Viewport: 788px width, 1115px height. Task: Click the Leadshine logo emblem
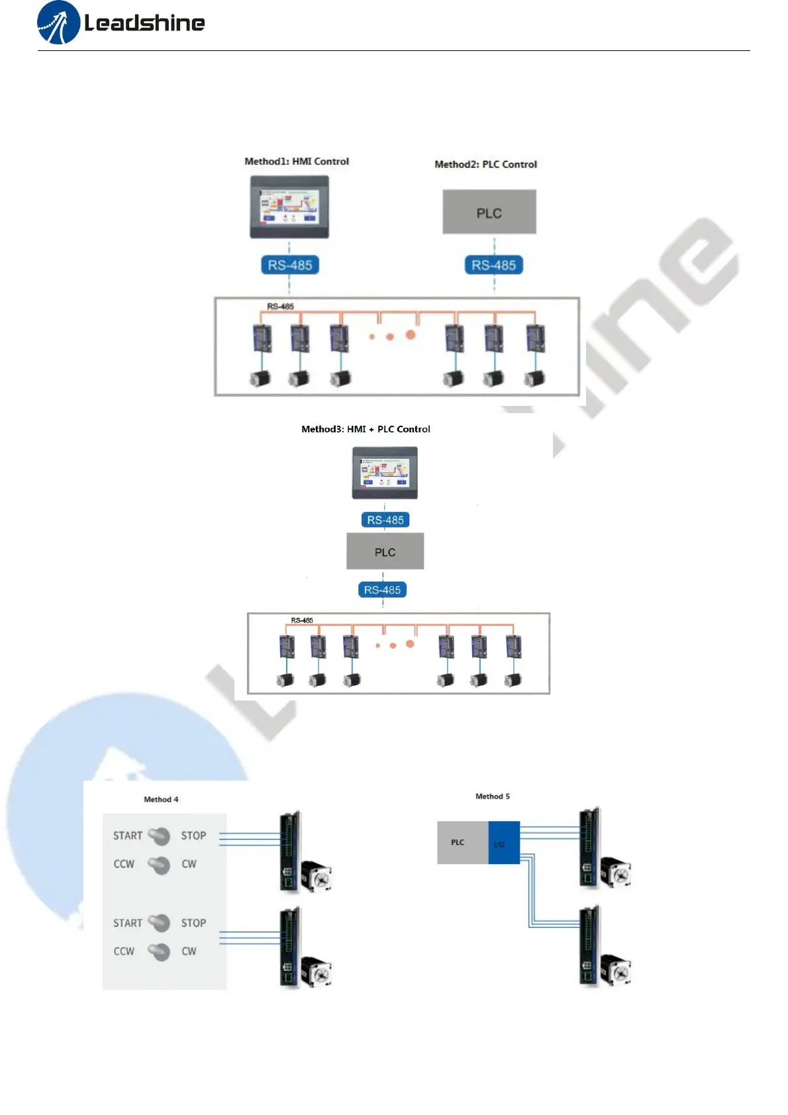pyautogui.click(x=59, y=23)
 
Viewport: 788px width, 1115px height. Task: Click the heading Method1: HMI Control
pyautogui.click(x=297, y=162)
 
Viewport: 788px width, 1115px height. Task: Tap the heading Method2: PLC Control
pyautogui.click(x=485, y=164)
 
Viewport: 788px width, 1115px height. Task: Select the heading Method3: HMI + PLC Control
pyautogui.click(x=366, y=429)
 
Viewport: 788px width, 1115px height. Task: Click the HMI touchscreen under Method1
pyautogui.click(x=289, y=207)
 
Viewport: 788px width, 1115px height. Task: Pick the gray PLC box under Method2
pyautogui.click(x=489, y=213)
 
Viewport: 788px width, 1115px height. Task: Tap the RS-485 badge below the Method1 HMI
pyautogui.click(x=290, y=266)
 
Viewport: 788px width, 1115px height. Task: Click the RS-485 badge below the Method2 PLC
pyautogui.click(x=494, y=266)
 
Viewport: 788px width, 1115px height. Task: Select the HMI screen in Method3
pyautogui.click(x=385, y=473)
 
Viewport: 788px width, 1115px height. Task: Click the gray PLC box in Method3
pyautogui.click(x=385, y=552)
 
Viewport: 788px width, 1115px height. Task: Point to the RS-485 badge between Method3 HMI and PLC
pyautogui.click(x=385, y=520)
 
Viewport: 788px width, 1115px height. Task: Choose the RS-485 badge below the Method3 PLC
pyautogui.click(x=382, y=590)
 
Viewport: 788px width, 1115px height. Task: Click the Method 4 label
pyautogui.click(x=161, y=800)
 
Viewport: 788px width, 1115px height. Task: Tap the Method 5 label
pyautogui.click(x=493, y=797)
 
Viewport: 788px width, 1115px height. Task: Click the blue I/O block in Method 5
pyautogui.click(x=503, y=843)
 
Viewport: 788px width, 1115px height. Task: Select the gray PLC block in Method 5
pyautogui.click(x=462, y=843)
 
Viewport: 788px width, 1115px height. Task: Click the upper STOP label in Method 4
pyautogui.click(x=193, y=836)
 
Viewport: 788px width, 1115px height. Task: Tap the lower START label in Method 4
pyautogui.click(x=128, y=923)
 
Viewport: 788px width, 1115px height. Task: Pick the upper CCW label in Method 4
pyautogui.click(x=124, y=864)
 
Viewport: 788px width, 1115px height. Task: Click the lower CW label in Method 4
pyautogui.click(x=189, y=951)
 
